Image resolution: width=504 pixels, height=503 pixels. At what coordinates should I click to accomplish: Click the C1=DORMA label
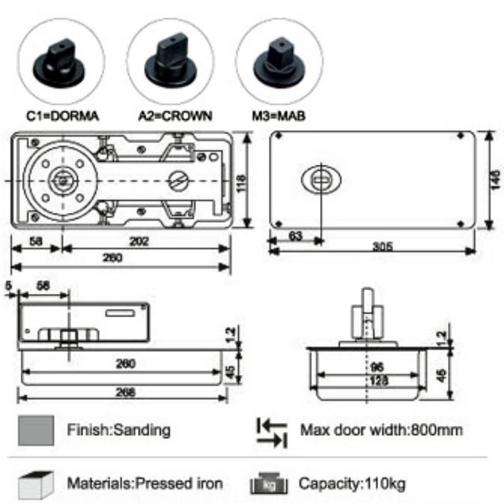(x=62, y=116)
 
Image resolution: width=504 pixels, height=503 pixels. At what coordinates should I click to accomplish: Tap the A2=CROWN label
(x=175, y=116)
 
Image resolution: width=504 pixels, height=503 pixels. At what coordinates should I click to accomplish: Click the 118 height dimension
(x=241, y=181)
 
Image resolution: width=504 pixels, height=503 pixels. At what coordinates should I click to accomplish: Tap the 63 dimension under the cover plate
(x=295, y=236)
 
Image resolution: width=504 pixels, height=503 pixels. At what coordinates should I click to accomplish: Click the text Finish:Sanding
(x=118, y=431)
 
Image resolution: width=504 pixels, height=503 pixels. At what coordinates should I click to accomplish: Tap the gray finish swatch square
(x=37, y=431)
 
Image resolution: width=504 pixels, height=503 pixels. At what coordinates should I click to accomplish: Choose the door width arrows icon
(x=272, y=431)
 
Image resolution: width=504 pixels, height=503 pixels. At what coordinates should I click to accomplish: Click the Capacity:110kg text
(x=352, y=484)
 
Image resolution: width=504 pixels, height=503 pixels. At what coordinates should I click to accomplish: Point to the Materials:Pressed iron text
(x=144, y=484)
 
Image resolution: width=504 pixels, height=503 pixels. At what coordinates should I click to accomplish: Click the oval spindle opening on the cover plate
(x=321, y=181)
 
